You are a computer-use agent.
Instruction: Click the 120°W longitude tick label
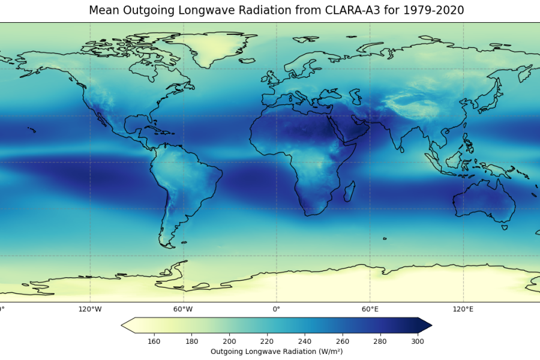tap(90, 310)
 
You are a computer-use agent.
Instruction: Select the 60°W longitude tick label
tap(183, 310)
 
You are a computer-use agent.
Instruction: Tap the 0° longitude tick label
tap(277, 310)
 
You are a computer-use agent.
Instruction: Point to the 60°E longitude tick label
tap(370, 310)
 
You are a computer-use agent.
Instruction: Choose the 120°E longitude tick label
tap(463, 310)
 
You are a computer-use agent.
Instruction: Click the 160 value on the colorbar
tap(154, 341)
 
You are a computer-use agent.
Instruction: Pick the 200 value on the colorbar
tap(229, 341)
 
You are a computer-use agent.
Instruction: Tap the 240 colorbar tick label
tap(305, 341)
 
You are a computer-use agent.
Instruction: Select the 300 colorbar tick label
tap(418, 341)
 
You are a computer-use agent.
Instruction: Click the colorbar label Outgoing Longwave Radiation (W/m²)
tap(277, 352)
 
